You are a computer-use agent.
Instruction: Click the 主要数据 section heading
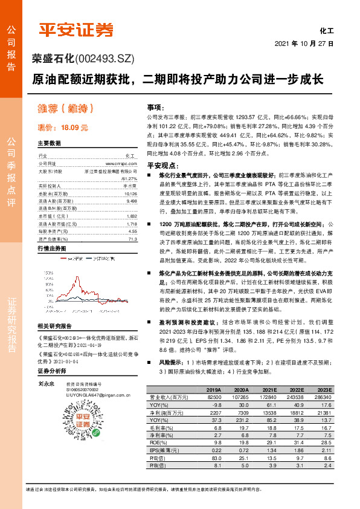(x=50, y=143)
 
